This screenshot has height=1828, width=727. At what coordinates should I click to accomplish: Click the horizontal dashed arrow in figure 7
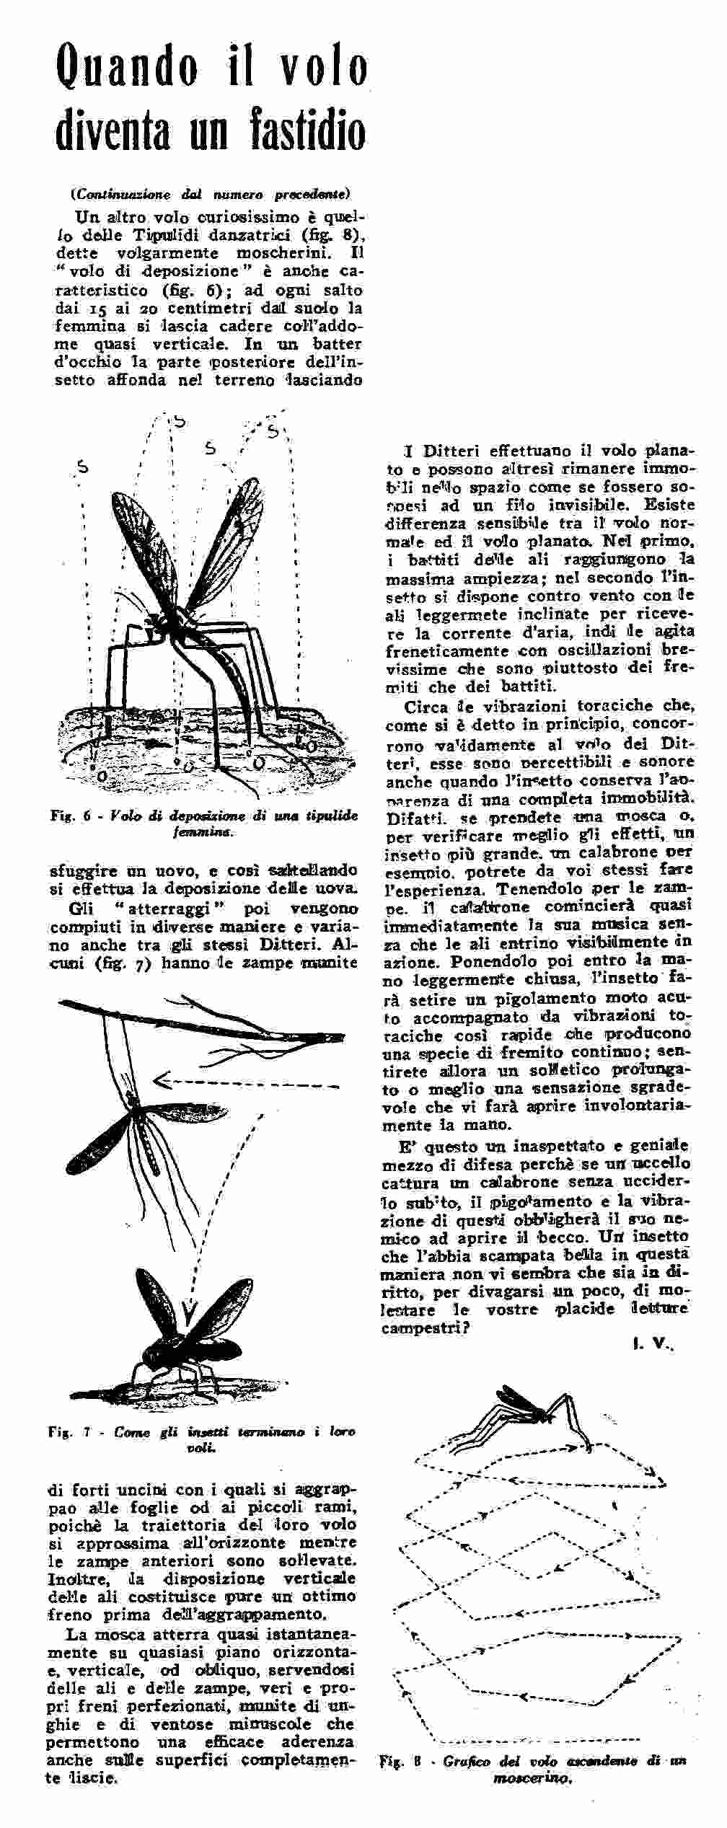click(x=245, y=1082)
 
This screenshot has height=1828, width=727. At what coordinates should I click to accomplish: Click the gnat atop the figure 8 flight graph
click(x=534, y=1406)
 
